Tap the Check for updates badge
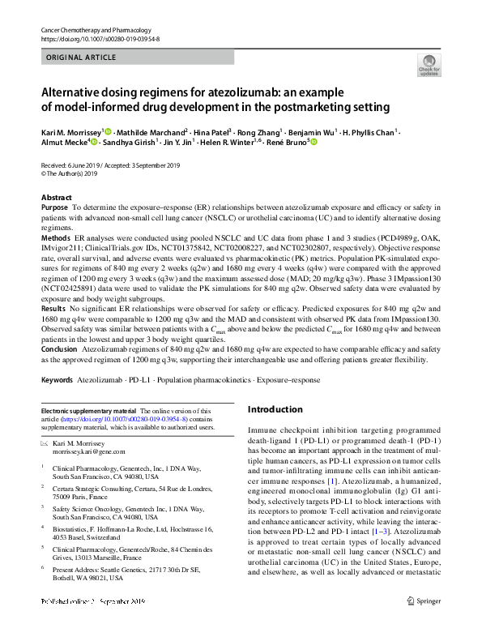(428, 66)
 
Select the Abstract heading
(56, 198)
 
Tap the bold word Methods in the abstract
(56, 238)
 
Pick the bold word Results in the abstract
(53, 309)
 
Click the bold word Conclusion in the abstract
(60, 349)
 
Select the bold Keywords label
(58, 379)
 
